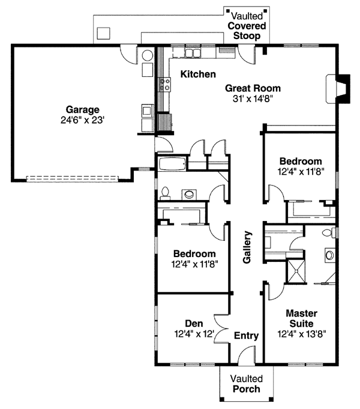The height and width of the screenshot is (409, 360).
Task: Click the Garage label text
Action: tap(82, 109)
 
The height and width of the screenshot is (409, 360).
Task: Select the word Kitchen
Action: tap(198, 74)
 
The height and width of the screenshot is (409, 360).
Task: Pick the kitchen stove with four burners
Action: tap(163, 85)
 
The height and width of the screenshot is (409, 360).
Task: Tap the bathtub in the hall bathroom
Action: tap(172, 163)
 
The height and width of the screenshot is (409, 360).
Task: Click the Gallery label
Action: tap(247, 247)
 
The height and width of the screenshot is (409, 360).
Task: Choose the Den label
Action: tap(194, 323)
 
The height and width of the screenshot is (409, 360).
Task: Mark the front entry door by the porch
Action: tap(247, 357)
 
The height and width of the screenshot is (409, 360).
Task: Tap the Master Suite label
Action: tap(301, 318)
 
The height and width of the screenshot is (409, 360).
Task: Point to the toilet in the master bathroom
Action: tap(328, 233)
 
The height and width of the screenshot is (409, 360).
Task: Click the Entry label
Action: tap(245, 336)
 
